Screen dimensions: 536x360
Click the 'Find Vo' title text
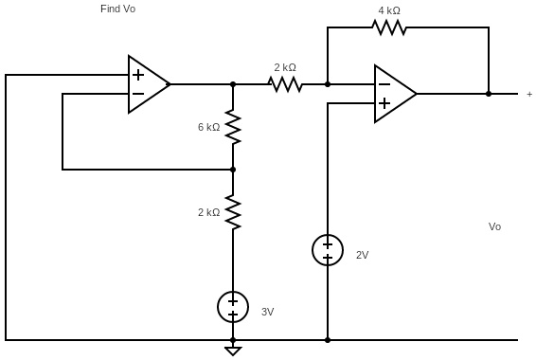pyautogui.click(x=118, y=9)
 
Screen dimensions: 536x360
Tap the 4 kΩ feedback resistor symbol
pyautogui.click(x=389, y=27)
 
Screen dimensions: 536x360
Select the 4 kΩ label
pyautogui.click(x=389, y=10)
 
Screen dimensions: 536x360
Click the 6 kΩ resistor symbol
pyautogui.click(x=233, y=127)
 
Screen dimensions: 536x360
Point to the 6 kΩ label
pyautogui.click(x=208, y=127)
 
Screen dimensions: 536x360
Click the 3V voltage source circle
pyautogui.click(x=233, y=307)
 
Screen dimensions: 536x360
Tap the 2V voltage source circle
pyautogui.click(x=328, y=250)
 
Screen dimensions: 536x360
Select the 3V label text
pyautogui.click(x=267, y=312)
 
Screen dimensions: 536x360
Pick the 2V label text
pyautogui.click(x=362, y=255)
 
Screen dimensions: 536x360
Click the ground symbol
pyautogui.click(x=233, y=351)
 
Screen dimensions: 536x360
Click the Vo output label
pyautogui.click(x=494, y=226)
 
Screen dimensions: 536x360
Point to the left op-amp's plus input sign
pyautogui.click(x=138, y=75)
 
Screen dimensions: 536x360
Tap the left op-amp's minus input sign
pyautogui.click(x=138, y=94)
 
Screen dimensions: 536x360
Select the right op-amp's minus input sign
pyautogui.click(x=384, y=84)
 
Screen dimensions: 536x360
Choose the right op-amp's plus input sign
pyautogui.click(x=384, y=103)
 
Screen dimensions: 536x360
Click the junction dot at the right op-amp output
pyautogui.click(x=489, y=94)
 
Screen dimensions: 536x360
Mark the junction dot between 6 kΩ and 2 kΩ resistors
pyautogui.click(x=233, y=170)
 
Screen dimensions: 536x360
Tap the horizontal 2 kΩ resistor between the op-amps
pyautogui.click(x=285, y=84)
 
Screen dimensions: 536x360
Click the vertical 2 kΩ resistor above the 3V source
pyautogui.click(x=233, y=212)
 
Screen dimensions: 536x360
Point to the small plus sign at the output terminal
pyautogui.click(x=529, y=94)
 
